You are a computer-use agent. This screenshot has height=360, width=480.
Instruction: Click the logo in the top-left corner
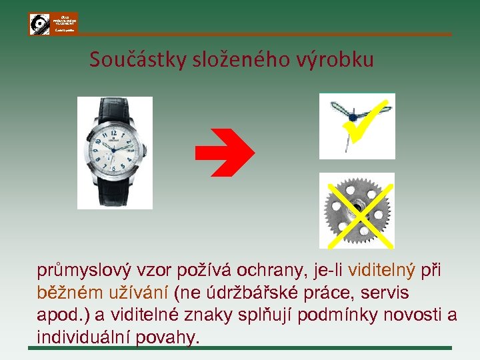click(x=53, y=23)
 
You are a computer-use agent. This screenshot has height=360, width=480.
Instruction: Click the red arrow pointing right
click(x=224, y=153)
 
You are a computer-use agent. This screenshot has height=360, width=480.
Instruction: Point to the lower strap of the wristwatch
click(x=115, y=194)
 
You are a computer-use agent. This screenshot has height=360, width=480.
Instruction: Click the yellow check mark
click(x=363, y=120)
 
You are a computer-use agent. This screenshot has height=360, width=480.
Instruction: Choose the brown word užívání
click(x=137, y=293)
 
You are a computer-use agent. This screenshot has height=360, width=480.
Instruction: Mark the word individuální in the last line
click(x=83, y=337)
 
